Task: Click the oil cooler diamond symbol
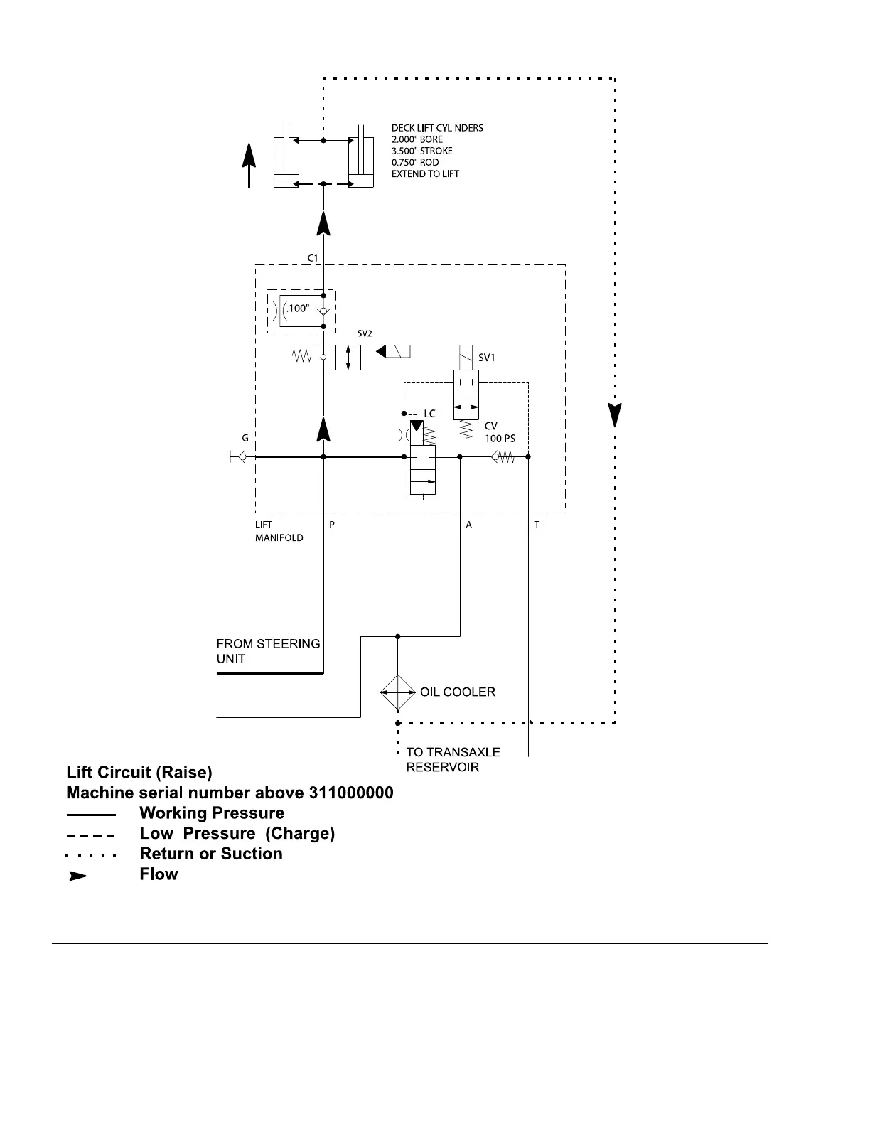pos(397,692)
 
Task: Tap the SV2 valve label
pos(364,333)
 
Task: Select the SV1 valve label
pos(486,358)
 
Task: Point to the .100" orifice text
pos(299,309)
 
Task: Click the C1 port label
pos(313,258)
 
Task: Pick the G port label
pos(245,438)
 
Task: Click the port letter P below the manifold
pos(332,525)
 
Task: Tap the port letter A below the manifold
pos(468,525)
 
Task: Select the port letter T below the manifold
pos(537,525)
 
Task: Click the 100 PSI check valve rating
pos(501,439)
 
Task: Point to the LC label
pos(429,414)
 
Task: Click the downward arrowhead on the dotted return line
pos(615,415)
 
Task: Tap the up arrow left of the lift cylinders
pos(249,166)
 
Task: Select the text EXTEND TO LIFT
pos(425,173)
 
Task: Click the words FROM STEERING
pos(268,643)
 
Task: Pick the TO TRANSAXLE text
pos(453,752)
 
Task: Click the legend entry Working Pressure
pos(212,813)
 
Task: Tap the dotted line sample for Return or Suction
pos(91,855)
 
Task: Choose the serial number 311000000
pos(351,793)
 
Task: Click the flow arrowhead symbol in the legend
pos(77,876)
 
